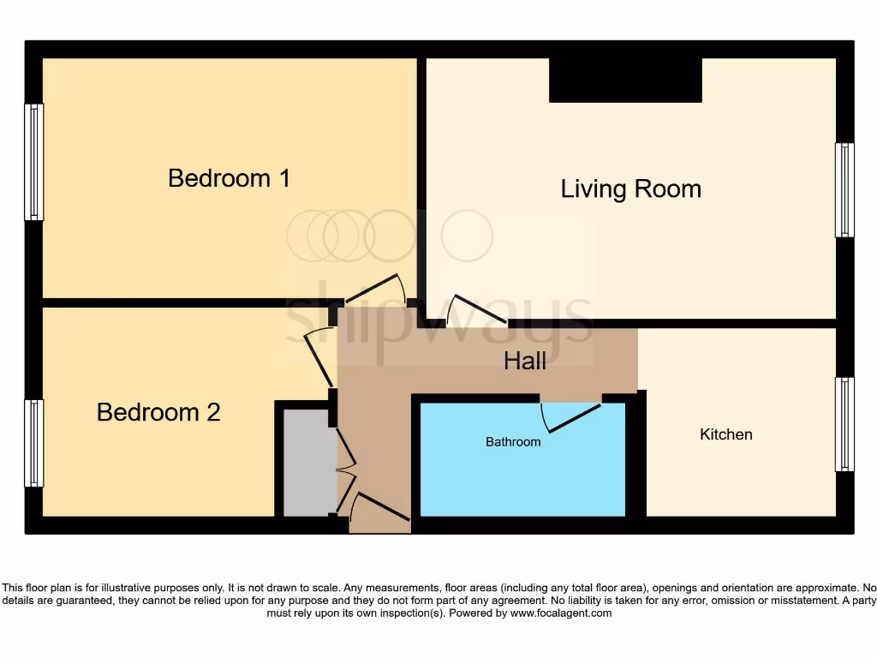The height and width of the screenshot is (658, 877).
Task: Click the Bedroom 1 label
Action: pos(229,178)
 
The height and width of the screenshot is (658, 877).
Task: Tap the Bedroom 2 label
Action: pos(158,412)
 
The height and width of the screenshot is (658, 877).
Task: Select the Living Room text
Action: pos(630,188)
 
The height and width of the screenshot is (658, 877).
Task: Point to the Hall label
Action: pos(524,362)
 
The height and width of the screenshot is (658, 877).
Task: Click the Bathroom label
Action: pos(513,442)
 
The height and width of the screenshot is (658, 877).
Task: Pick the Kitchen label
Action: pos(726,434)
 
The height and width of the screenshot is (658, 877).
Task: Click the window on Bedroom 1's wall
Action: pos(33,162)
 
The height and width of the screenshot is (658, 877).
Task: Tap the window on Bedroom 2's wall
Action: pos(33,443)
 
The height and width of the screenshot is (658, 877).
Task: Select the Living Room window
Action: pos(844,190)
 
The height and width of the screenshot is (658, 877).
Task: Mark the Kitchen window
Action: pos(844,424)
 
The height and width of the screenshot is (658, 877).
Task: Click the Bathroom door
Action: pos(571,416)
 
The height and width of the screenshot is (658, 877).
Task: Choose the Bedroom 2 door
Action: pos(319,360)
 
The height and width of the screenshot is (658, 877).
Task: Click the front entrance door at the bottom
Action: pos(381,507)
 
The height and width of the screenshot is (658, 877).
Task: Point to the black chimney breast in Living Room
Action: pos(625,81)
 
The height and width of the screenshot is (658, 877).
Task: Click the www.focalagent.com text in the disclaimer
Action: pos(562,613)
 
